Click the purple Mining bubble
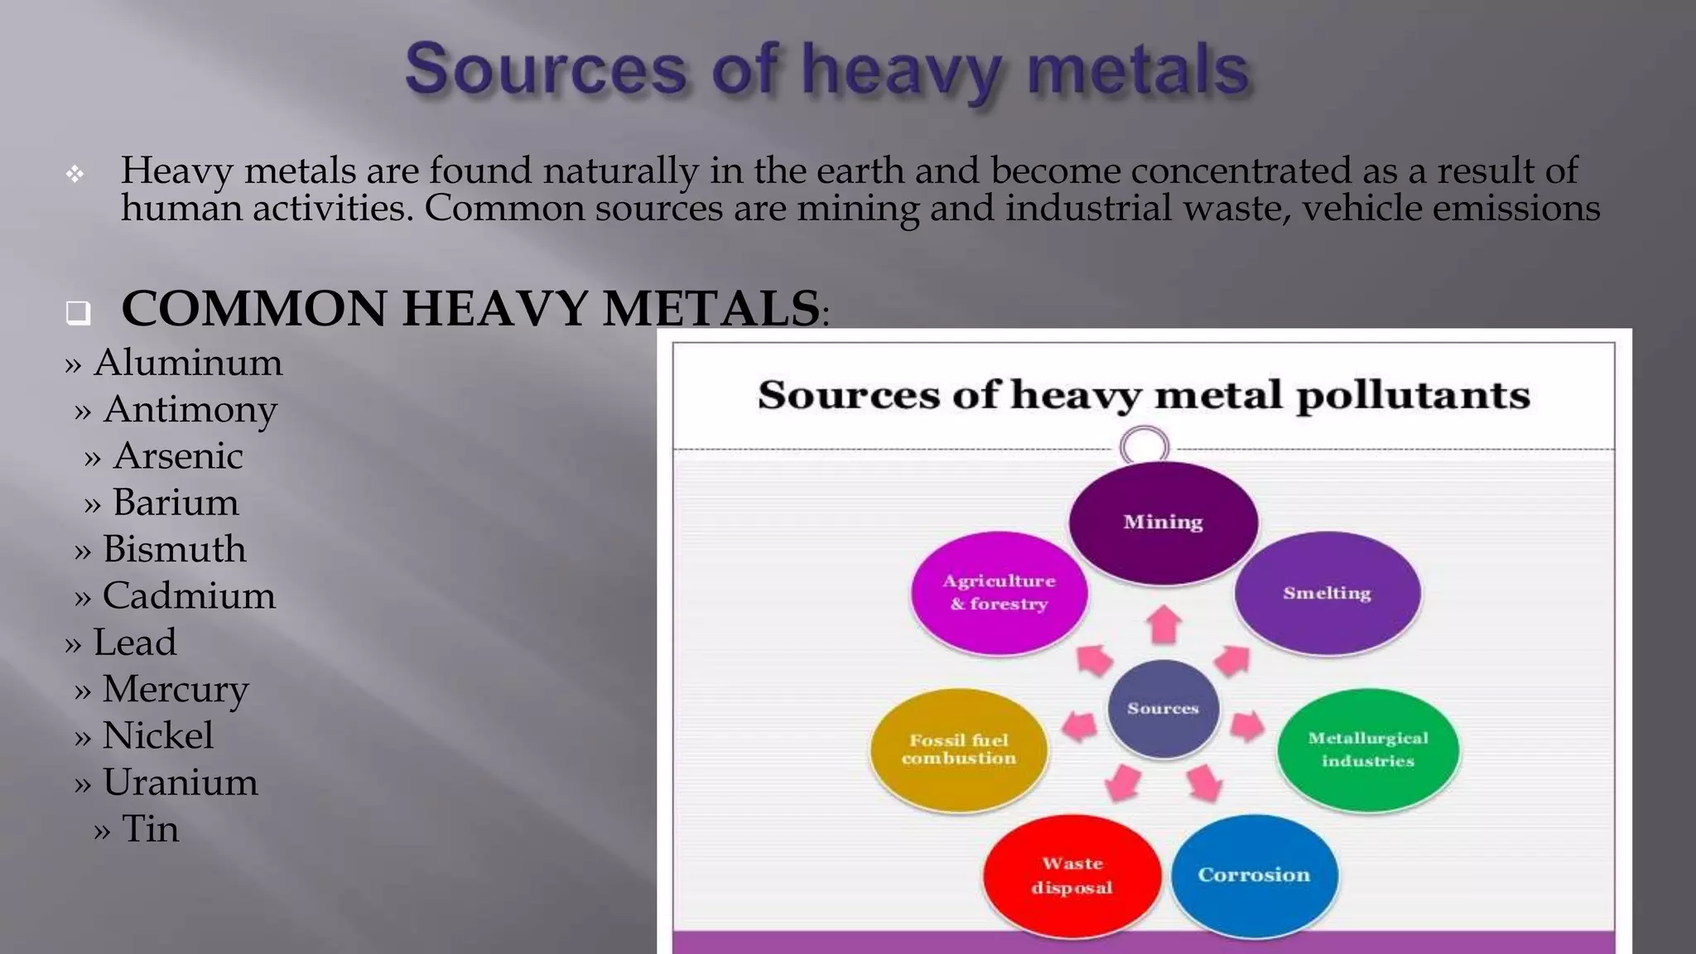[x=1164, y=523]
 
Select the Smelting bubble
[x=1327, y=593]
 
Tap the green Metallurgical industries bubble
[x=1368, y=749]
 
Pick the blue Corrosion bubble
[x=1254, y=875]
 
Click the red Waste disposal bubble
[x=1072, y=875]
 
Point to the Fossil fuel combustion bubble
[x=959, y=749]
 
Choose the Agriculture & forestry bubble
[x=1000, y=593]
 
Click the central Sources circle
[x=1164, y=708]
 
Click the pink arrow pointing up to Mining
[x=1164, y=624]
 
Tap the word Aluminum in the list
[x=188, y=363]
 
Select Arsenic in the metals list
[x=178, y=456]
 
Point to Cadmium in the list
[x=189, y=596]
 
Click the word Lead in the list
[x=135, y=643]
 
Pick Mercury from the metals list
[x=176, y=689]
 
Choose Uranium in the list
[x=181, y=783]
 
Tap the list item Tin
[x=150, y=829]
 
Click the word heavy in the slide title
[x=901, y=70]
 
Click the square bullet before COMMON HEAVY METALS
[x=78, y=312]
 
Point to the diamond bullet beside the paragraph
[x=75, y=174]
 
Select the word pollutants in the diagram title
[x=1413, y=395]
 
